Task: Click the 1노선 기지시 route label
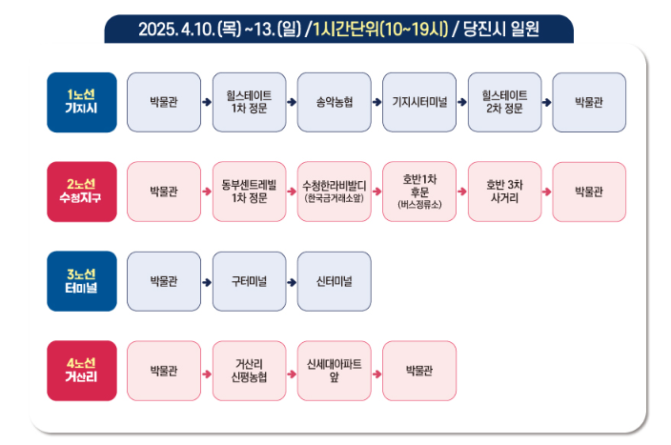82,102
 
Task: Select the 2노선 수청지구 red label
82,192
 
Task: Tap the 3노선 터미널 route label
82,281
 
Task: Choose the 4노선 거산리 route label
82,371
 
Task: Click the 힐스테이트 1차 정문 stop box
249,102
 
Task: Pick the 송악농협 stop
334,102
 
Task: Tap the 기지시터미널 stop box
419,102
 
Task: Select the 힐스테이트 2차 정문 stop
504,102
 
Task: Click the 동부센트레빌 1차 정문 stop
249,192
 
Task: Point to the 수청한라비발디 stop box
334,192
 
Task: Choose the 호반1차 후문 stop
419,192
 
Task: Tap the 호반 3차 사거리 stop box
504,192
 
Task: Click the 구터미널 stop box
249,281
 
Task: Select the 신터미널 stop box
334,281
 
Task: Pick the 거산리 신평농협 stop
249,371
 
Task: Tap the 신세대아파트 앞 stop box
334,371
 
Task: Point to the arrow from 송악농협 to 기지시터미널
376,103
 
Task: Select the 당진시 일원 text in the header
502,30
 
